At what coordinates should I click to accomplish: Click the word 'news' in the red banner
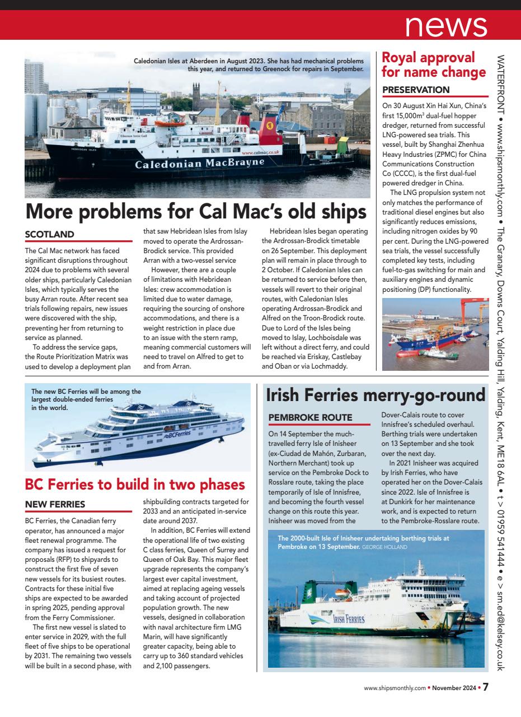[446, 26]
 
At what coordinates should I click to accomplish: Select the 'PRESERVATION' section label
[416, 90]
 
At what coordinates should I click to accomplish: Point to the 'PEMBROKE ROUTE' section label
[310, 417]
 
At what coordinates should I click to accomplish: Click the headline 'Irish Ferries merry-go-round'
[376, 395]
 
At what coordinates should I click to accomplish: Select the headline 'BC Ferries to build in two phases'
[135, 484]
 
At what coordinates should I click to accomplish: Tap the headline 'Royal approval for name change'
[433, 65]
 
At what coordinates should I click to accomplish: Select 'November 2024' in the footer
[453, 688]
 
